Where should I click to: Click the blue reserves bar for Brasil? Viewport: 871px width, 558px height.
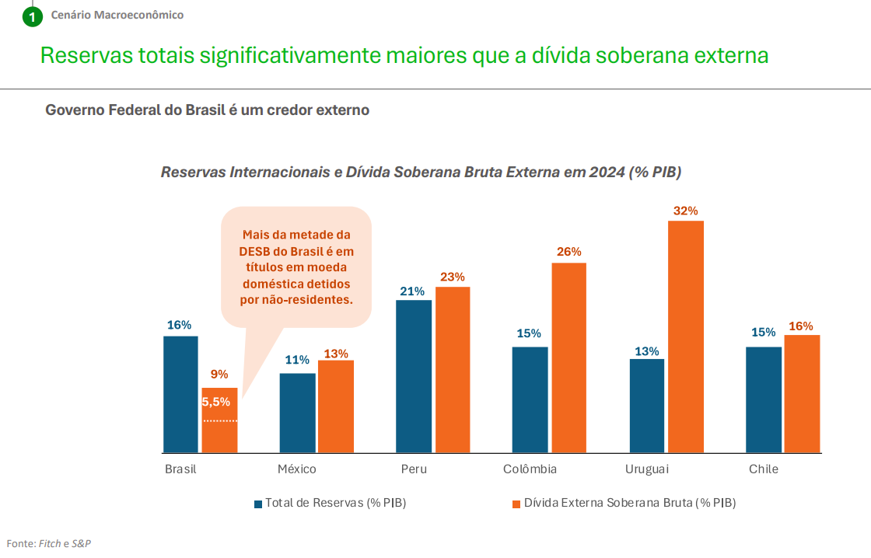tap(180, 394)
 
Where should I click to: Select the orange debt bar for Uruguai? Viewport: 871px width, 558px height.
tap(685, 337)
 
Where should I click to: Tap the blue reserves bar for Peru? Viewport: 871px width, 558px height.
tap(414, 376)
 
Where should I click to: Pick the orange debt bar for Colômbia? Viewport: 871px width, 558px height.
tap(569, 357)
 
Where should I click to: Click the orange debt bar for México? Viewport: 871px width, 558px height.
tap(336, 406)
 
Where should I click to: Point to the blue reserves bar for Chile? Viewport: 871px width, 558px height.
tap(764, 399)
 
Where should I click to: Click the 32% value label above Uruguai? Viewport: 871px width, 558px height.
tap(686, 211)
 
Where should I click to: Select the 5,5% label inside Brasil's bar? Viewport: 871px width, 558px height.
tap(216, 402)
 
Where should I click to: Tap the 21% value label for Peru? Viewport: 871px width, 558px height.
tap(412, 291)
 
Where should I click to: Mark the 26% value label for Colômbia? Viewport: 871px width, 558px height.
tap(568, 252)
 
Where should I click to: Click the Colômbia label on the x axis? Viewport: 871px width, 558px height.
tap(530, 469)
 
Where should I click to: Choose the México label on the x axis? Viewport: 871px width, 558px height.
tap(297, 469)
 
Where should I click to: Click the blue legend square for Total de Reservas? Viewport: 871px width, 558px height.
tap(258, 504)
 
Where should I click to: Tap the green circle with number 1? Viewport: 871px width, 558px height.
tap(32, 16)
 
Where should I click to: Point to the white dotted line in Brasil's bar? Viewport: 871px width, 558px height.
tap(220, 421)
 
